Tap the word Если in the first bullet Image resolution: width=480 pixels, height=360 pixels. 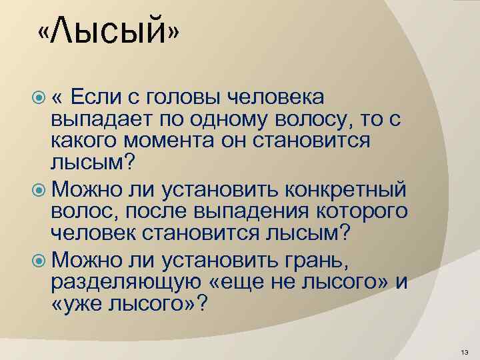pos(94,97)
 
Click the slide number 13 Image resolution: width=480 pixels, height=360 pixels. pos(464,351)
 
